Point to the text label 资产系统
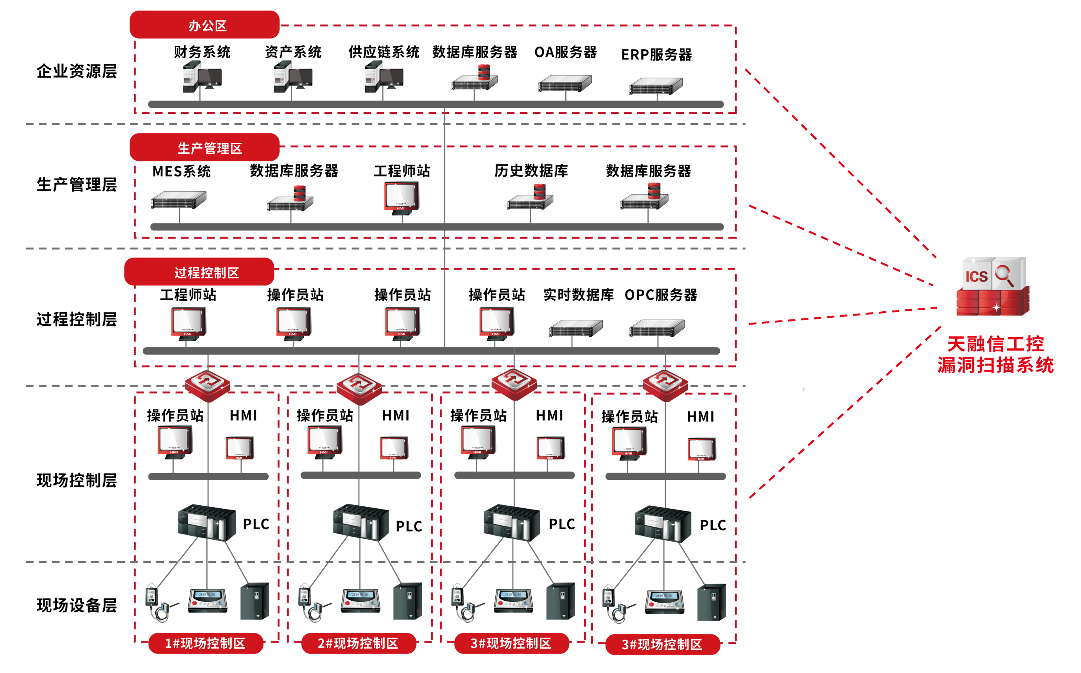pos(293,52)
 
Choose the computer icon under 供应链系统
pos(384,77)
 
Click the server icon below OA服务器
pos(565,83)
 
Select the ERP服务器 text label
pos(656,55)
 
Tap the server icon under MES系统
pos(178,200)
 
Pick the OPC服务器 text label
pos(661,295)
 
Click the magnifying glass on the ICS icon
pos(1004,275)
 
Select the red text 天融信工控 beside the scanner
pos(995,344)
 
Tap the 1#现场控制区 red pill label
pos(206,643)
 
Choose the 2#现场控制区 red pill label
pos(359,643)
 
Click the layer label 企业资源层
pos(77,71)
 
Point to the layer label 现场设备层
pos(77,605)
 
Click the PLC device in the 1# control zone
pos(207,522)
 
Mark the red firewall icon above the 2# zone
pos(359,385)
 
